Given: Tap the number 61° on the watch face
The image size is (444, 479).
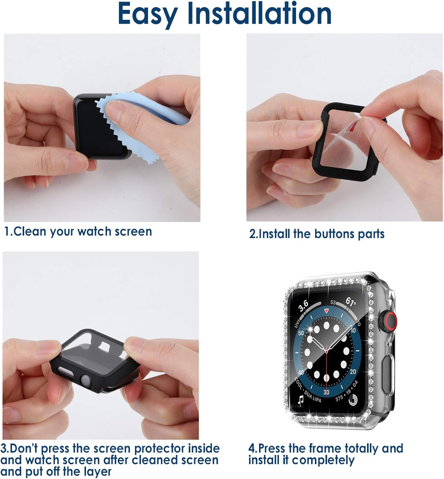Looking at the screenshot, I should (x=351, y=301).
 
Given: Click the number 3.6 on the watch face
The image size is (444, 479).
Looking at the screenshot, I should (x=303, y=305).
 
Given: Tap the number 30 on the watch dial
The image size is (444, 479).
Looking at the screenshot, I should (x=326, y=392).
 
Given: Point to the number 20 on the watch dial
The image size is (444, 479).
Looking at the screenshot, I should (x=353, y=372).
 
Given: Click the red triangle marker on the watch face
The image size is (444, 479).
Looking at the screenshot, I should (x=326, y=311).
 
